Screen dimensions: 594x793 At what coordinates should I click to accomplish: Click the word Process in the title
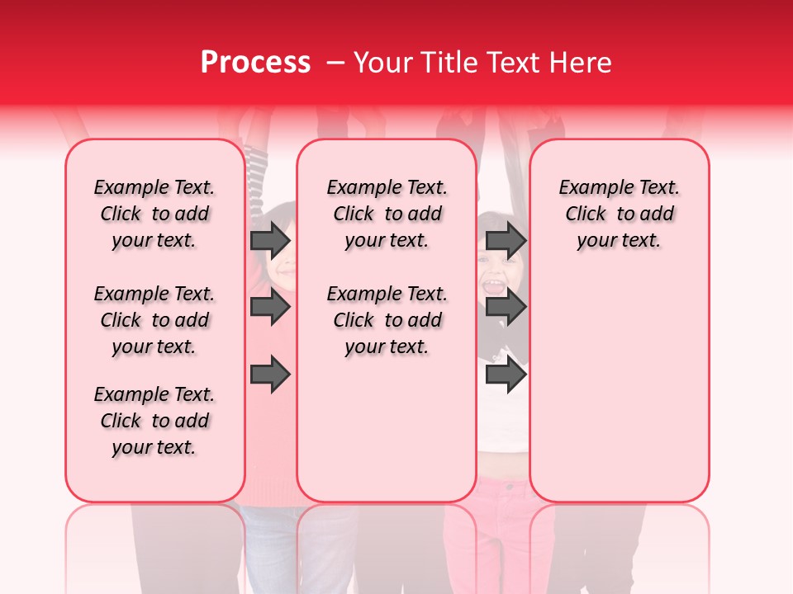tap(255, 63)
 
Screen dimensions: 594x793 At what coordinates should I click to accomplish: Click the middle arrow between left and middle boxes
tap(270, 308)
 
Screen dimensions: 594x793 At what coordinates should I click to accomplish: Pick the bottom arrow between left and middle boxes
tap(270, 375)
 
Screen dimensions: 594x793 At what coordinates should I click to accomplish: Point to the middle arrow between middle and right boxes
tap(506, 308)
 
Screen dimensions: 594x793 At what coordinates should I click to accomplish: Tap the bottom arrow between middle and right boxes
tap(506, 375)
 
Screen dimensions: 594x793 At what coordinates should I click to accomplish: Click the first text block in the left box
tap(154, 214)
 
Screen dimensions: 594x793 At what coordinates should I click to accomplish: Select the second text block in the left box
tap(154, 320)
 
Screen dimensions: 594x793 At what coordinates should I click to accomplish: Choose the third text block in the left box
tap(154, 421)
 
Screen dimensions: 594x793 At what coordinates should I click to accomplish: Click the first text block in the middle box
tap(387, 214)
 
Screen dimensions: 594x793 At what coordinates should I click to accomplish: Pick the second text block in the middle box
tap(387, 320)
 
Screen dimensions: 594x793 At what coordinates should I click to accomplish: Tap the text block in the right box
tap(619, 214)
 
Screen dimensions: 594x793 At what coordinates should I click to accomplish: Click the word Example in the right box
tap(590, 188)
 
